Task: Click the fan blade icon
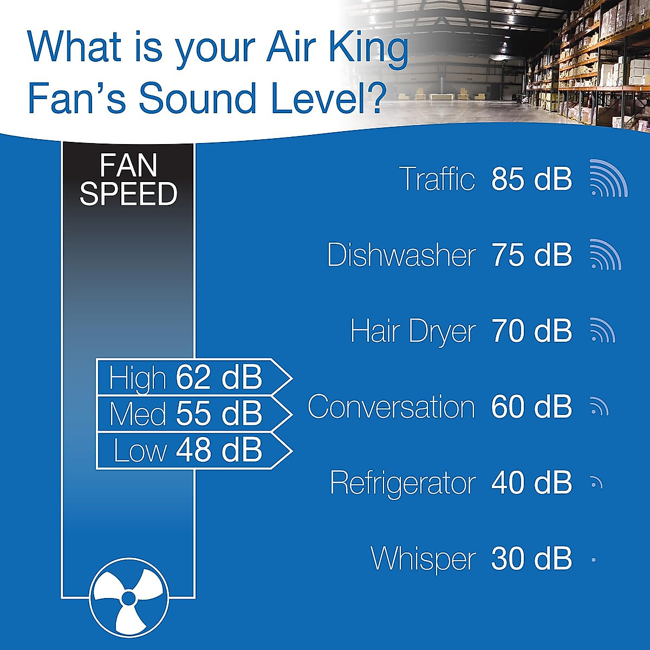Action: pyautogui.click(x=129, y=597)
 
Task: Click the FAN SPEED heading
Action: pyautogui.click(x=128, y=180)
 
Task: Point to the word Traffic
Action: pyautogui.click(x=437, y=179)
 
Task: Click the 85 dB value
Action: pyautogui.click(x=531, y=179)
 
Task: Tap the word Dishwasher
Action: pyautogui.click(x=401, y=255)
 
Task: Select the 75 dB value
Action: pyautogui.click(x=531, y=255)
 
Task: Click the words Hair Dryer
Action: pyautogui.click(x=413, y=331)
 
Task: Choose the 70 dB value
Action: pyautogui.click(x=531, y=331)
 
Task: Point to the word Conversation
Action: pyautogui.click(x=391, y=407)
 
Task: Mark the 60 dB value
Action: pyautogui.click(x=531, y=407)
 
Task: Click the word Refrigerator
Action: pyautogui.click(x=403, y=483)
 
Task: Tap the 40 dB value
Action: pyautogui.click(x=531, y=483)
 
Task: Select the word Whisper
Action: pyautogui.click(x=423, y=558)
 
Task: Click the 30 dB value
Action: pyautogui.click(x=531, y=558)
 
